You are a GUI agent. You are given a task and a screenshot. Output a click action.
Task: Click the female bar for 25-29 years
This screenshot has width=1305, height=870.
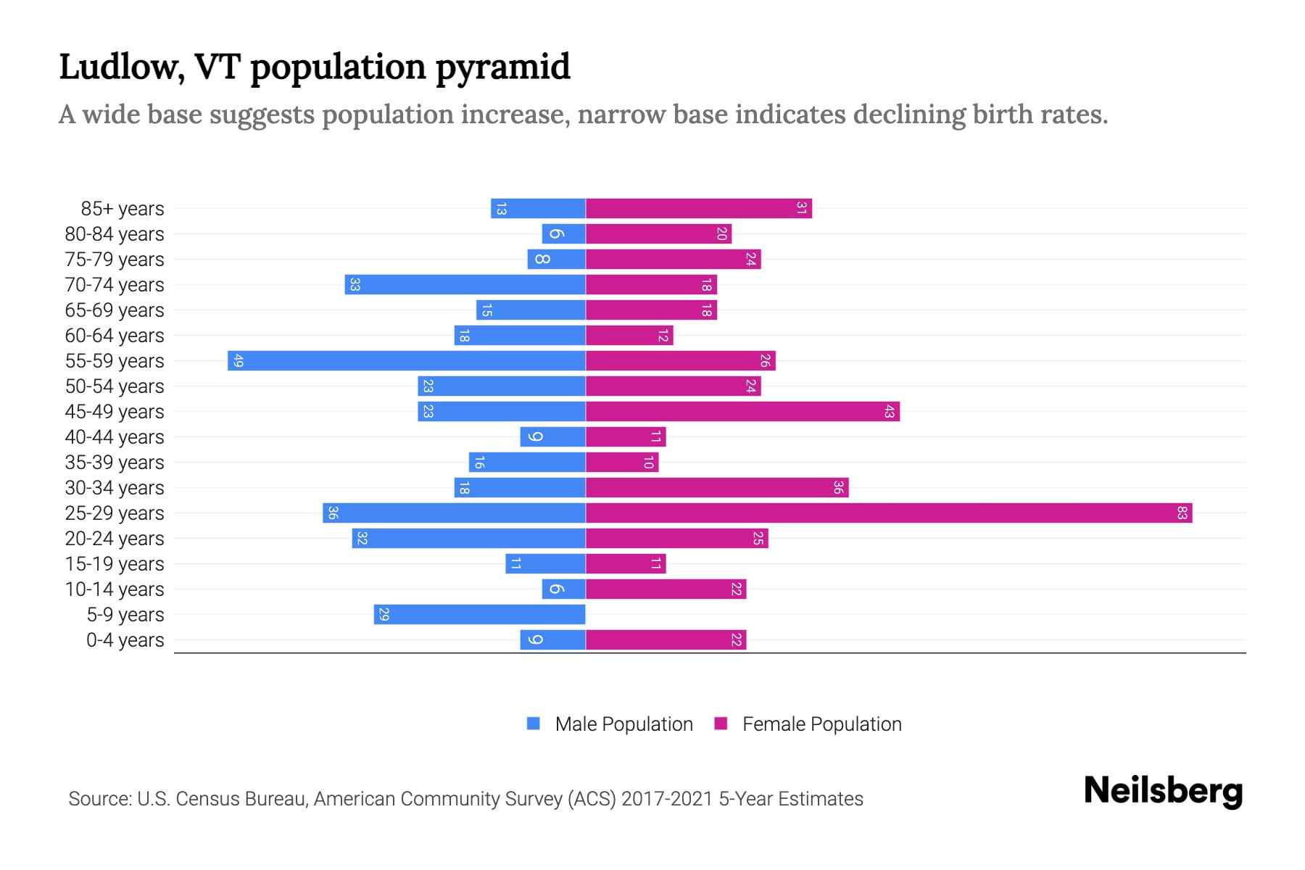(888, 513)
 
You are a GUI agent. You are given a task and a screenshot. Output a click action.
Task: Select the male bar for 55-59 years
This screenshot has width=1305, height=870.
(406, 361)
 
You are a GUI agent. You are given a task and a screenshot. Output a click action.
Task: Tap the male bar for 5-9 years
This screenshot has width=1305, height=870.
(479, 615)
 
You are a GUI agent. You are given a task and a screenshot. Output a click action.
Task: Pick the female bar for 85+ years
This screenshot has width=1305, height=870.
(698, 209)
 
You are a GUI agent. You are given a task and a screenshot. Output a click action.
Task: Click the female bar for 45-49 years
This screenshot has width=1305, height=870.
(742, 412)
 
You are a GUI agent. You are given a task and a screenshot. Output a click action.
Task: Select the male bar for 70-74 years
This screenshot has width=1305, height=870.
(465, 285)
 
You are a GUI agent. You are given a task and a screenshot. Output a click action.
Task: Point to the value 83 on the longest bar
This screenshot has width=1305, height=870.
(1182, 513)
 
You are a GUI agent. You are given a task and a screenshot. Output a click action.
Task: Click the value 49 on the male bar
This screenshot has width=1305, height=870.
(239, 361)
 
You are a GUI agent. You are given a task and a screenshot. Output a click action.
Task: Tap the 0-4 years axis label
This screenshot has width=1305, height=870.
(125, 640)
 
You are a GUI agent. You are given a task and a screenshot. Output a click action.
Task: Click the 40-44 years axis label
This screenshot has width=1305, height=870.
(115, 437)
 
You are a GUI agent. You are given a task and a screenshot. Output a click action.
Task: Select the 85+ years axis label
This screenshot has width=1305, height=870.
(123, 209)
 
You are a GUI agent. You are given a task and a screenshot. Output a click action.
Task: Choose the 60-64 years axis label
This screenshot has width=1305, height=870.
(115, 336)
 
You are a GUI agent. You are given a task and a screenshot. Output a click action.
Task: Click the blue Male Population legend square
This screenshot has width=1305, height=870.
(534, 724)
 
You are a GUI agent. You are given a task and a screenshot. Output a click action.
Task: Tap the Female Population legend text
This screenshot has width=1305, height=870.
(821, 724)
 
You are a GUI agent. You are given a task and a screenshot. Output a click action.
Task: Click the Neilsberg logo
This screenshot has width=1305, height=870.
(1163, 791)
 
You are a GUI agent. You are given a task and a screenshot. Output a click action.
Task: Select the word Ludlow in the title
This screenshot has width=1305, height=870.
(117, 67)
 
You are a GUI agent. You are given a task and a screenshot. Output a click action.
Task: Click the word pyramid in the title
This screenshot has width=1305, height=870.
(502, 67)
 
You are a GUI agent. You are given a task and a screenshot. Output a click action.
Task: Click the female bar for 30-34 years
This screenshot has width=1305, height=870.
(717, 488)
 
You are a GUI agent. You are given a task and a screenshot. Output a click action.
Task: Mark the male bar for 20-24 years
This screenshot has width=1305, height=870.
(468, 539)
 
